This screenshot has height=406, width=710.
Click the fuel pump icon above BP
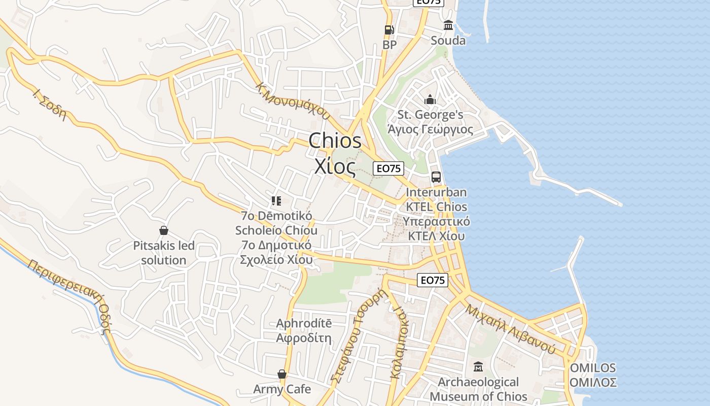click(x=389, y=30)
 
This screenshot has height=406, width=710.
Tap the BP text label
click(x=389, y=45)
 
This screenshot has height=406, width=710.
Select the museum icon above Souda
click(x=448, y=25)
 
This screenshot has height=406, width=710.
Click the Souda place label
click(x=448, y=41)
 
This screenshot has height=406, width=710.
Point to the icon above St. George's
click(x=430, y=99)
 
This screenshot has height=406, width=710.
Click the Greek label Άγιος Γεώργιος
click(x=430, y=130)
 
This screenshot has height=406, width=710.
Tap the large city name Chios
click(x=335, y=141)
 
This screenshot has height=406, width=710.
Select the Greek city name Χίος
click(x=335, y=166)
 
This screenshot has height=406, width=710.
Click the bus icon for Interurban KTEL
click(x=436, y=177)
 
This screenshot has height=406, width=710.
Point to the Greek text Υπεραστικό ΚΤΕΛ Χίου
click(x=436, y=229)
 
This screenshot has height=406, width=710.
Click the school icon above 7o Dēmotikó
click(x=276, y=201)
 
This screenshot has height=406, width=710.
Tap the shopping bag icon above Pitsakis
click(x=164, y=231)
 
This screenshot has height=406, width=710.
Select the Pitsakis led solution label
click(x=164, y=253)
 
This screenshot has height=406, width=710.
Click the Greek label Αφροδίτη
click(x=304, y=338)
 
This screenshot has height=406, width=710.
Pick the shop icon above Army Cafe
click(x=282, y=375)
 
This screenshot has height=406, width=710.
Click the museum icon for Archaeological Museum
click(x=478, y=367)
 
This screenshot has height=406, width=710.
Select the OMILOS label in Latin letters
click(x=593, y=368)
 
